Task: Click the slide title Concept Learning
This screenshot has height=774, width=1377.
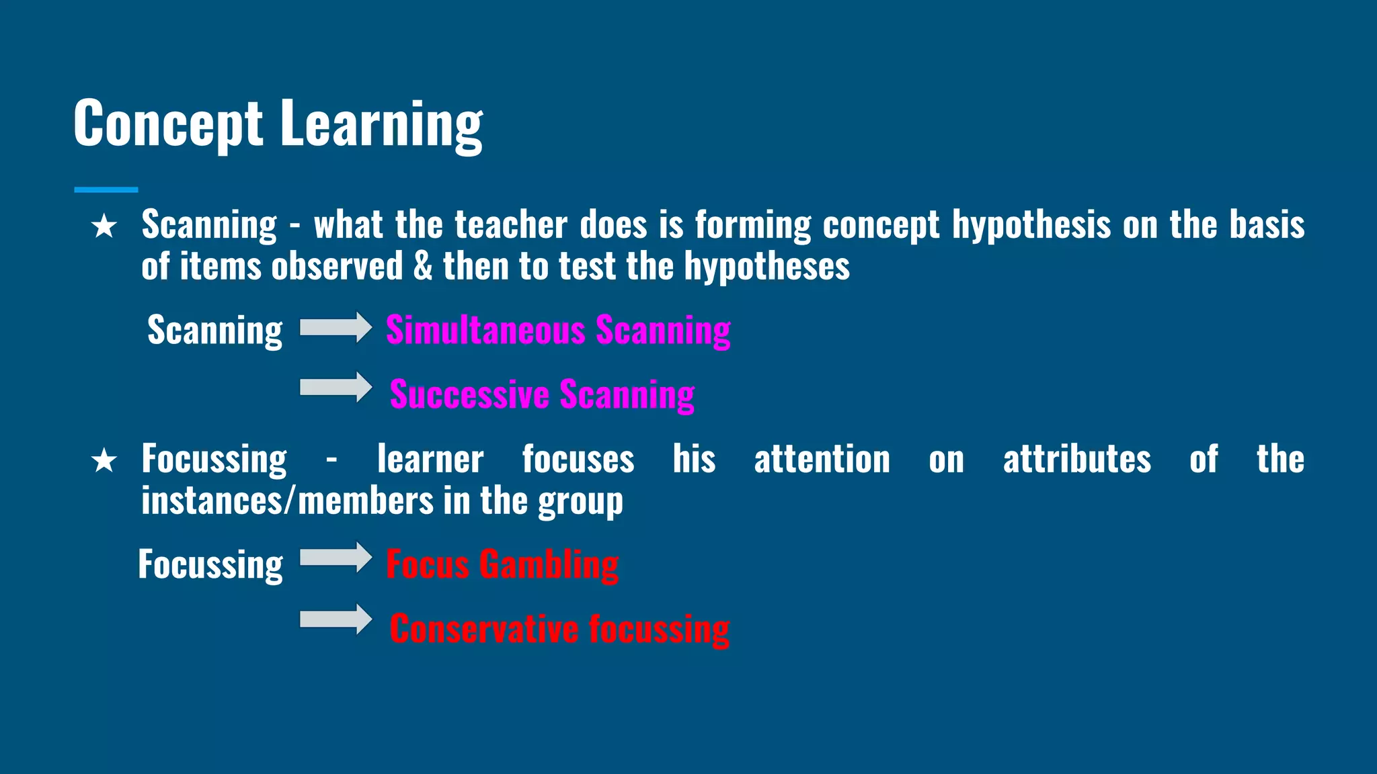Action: pos(278,124)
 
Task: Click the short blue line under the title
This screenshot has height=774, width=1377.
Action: pos(106,190)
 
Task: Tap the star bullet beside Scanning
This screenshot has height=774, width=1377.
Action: pos(104,226)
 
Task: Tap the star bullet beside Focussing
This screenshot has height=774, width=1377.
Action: pos(104,461)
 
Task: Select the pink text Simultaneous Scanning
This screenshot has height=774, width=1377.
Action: pos(558,331)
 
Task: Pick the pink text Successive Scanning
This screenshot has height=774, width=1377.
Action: pos(542,394)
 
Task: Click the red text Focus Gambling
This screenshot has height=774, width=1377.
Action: pos(502,564)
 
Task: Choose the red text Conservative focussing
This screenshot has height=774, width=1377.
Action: pos(559,629)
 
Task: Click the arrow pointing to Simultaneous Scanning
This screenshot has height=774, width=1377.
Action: pos(336,327)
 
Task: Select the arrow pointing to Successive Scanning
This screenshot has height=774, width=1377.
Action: pos(336,387)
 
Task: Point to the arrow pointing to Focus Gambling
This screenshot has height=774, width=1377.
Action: pos(336,558)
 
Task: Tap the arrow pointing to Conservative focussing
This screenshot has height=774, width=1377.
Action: pos(336,619)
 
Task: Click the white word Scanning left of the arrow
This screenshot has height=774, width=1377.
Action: pos(215,331)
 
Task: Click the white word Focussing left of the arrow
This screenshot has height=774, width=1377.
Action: pos(210,564)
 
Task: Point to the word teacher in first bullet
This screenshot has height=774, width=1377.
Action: pos(511,225)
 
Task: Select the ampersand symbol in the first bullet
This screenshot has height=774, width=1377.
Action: pos(423,267)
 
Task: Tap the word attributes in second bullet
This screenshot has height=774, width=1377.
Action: pos(1076,460)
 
